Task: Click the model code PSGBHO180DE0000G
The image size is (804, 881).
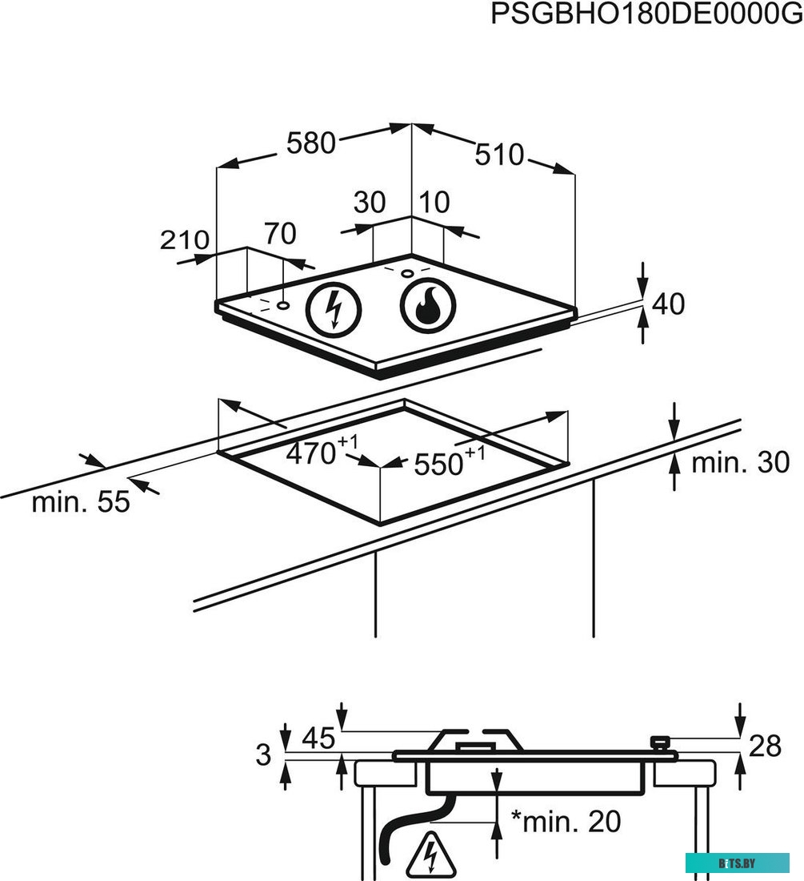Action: (647, 14)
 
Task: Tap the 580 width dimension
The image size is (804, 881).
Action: (311, 143)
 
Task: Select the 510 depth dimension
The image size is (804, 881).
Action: (499, 155)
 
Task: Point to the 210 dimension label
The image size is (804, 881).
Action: (185, 240)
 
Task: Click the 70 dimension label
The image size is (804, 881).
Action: (280, 234)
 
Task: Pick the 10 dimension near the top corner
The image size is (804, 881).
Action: (434, 203)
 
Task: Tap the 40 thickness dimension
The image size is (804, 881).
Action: (668, 304)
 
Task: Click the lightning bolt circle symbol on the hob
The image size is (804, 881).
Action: (334, 310)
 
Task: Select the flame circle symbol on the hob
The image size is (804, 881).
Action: (428, 306)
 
